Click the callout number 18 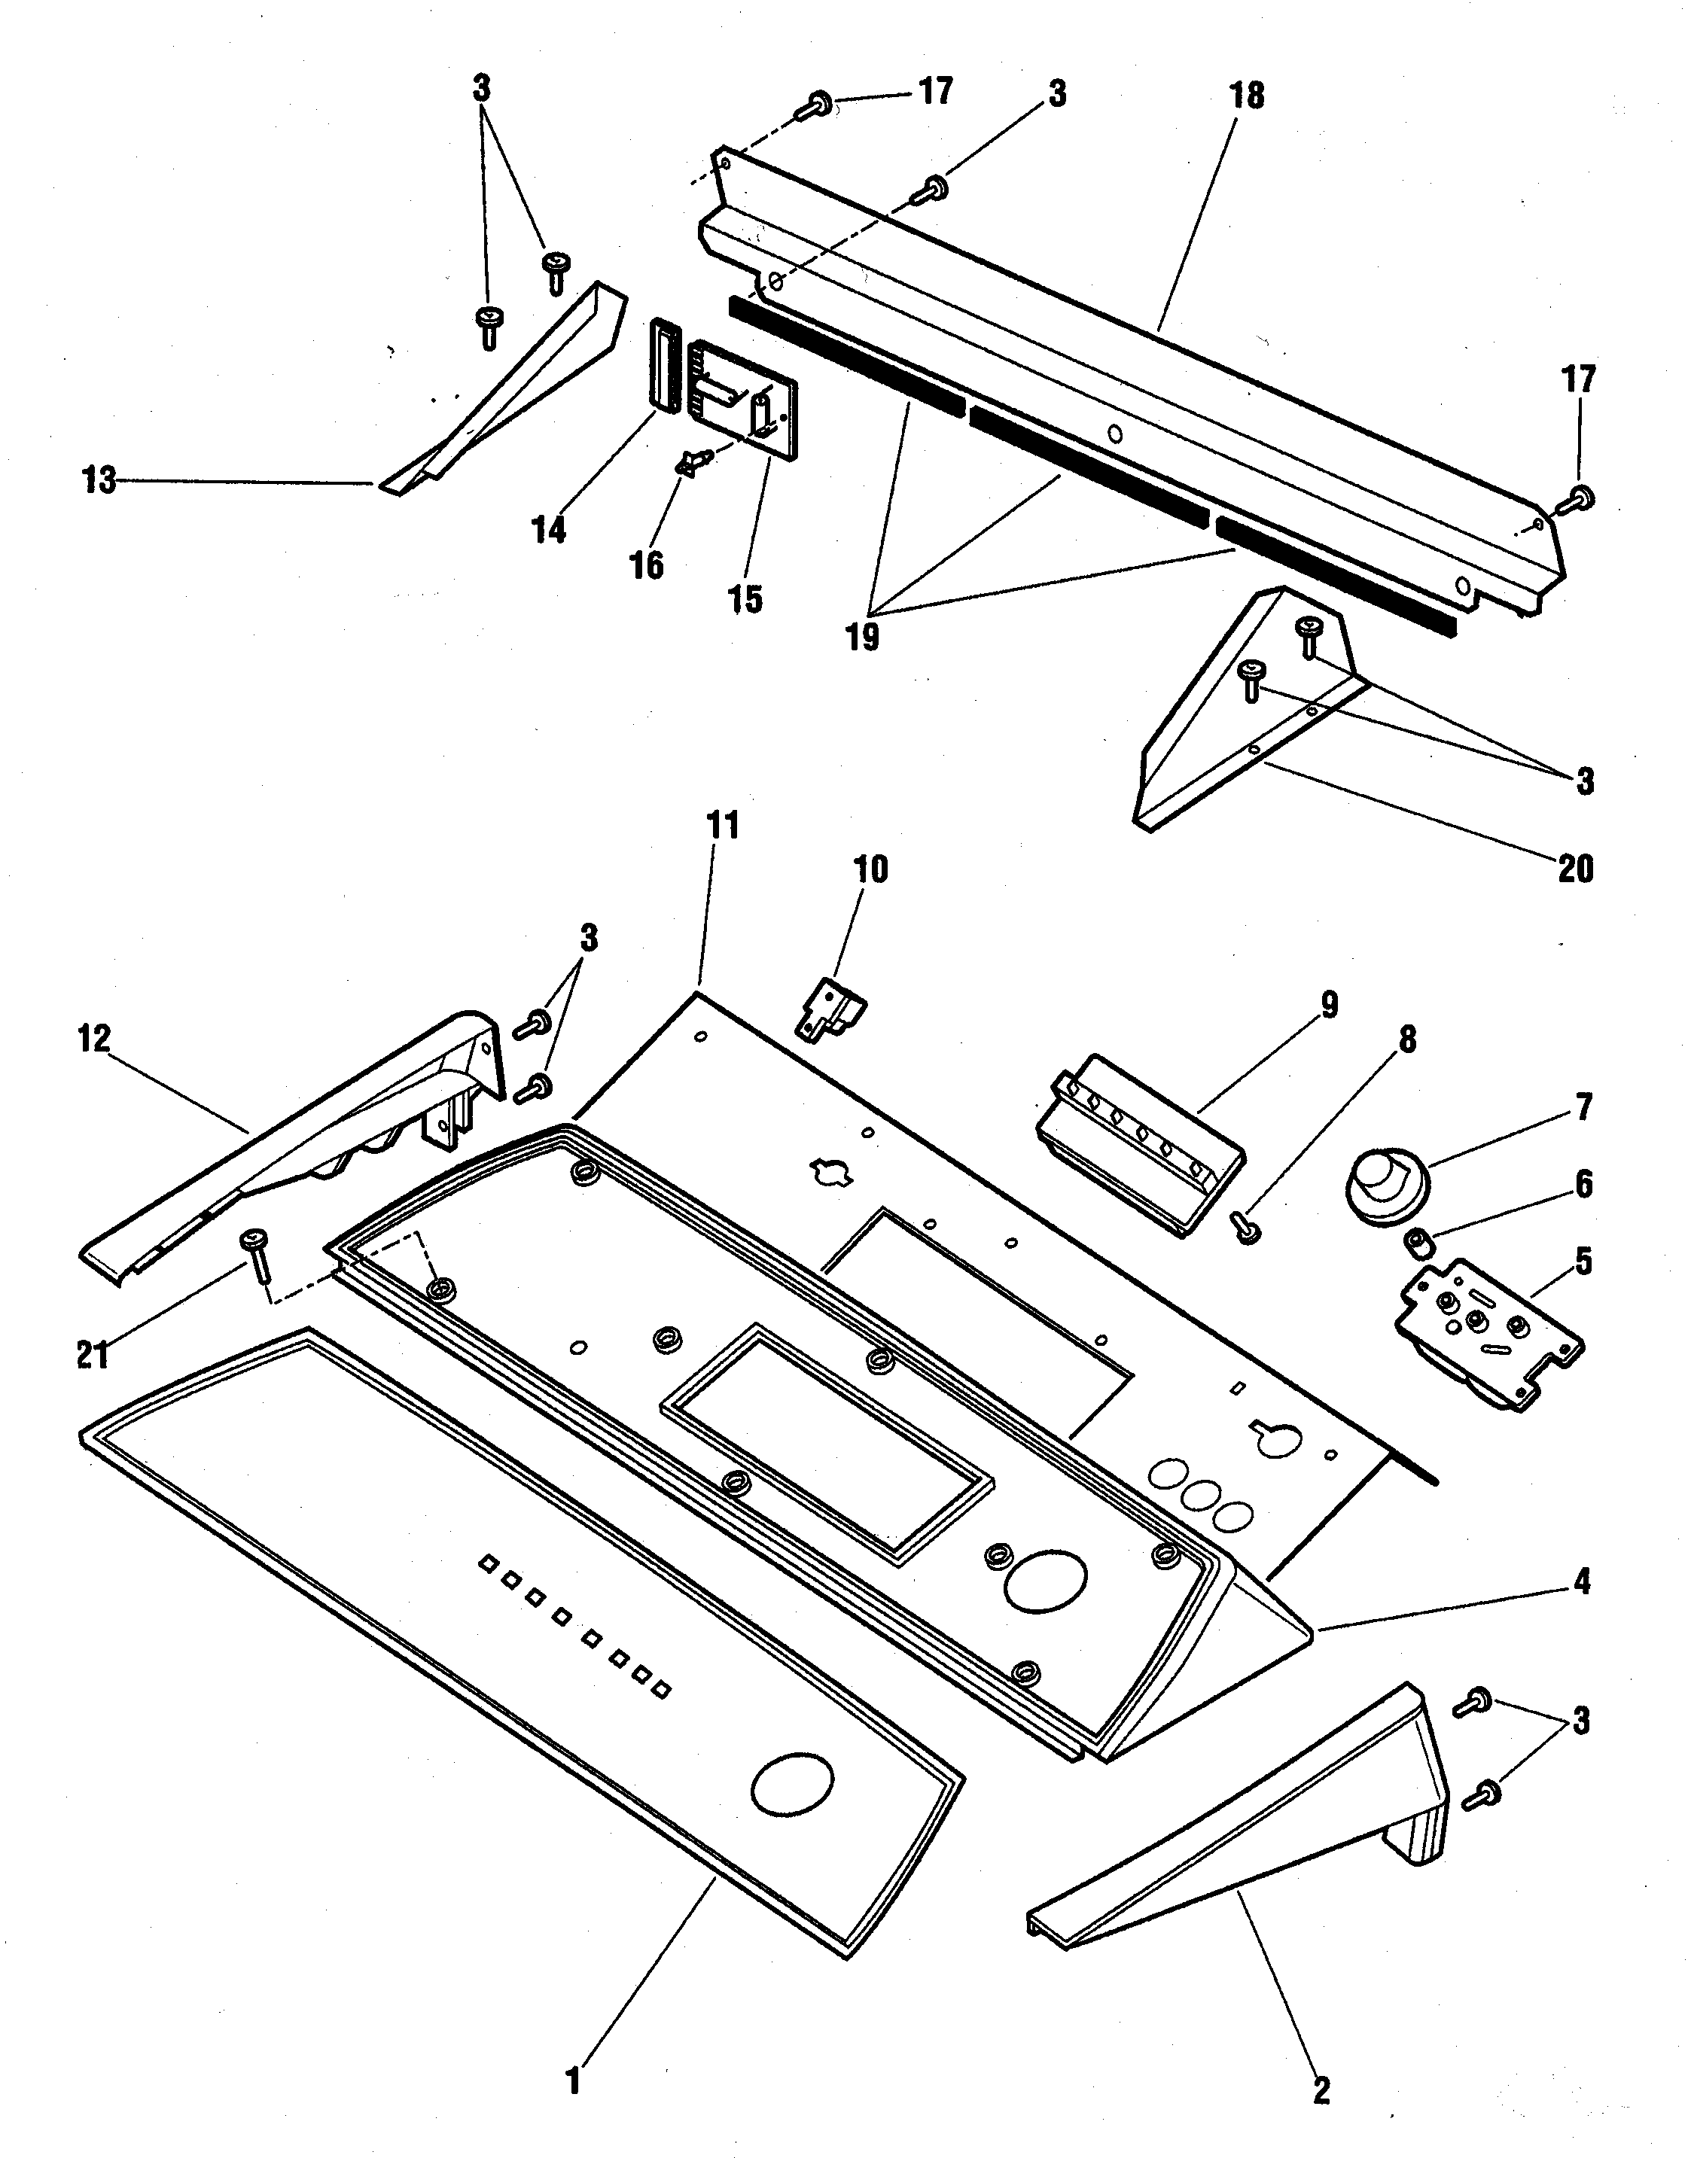[x=1247, y=96]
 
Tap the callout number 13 [x=99, y=481]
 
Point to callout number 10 [x=870, y=870]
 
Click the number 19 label [x=862, y=637]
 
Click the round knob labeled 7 [x=1384, y=1184]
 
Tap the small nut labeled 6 [x=1418, y=1240]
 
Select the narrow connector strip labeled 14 [x=663, y=364]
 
